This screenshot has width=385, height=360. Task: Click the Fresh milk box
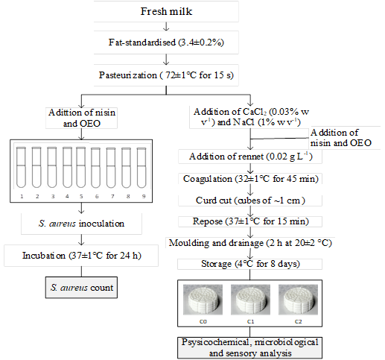(166, 11)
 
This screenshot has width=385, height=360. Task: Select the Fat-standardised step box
(166, 42)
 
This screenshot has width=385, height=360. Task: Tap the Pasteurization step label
(166, 75)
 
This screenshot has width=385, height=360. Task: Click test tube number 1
(21, 167)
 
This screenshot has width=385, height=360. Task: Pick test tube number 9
(141, 168)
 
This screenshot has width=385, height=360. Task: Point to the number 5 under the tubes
(81, 196)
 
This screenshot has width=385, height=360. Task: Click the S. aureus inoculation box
(81, 224)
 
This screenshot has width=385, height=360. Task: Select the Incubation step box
(81, 256)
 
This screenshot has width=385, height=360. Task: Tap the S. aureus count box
(81, 288)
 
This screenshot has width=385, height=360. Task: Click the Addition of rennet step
(250, 157)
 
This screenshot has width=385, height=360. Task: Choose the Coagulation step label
(250, 179)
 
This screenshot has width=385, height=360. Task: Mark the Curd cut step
(250, 200)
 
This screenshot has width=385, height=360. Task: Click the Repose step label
(250, 221)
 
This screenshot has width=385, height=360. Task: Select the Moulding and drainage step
(250, 243)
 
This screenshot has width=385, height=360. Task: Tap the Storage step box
(249, 264)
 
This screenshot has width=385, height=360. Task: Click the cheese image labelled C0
(203, 300)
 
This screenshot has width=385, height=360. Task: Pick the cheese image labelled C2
(298, 300)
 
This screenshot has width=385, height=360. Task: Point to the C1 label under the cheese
(250, 321)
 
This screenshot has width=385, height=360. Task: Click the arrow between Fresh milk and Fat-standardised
(166, 26)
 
